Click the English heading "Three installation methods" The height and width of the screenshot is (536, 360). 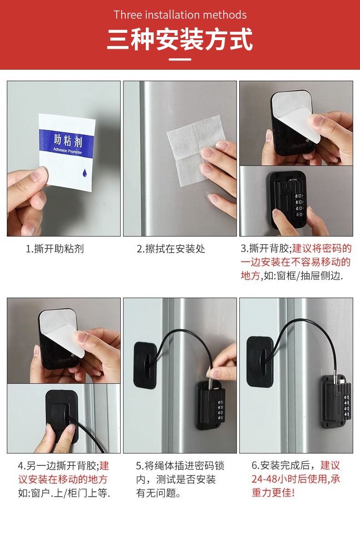[180, 15]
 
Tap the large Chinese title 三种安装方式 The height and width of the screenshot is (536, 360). [180, 39]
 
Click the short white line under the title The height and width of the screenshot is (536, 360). [180, 59]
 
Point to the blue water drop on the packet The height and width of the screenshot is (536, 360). [84, 173]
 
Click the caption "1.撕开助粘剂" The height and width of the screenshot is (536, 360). [55, 249]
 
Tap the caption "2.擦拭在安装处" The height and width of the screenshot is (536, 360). [170, 249]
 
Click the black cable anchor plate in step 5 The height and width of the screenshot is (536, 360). [146, 365]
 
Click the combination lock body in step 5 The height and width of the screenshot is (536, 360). [210, 406]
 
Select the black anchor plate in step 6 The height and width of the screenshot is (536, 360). [260, 362]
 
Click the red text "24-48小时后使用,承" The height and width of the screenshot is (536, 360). [296, 479]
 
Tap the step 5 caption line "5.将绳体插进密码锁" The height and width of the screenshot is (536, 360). [180, 466]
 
